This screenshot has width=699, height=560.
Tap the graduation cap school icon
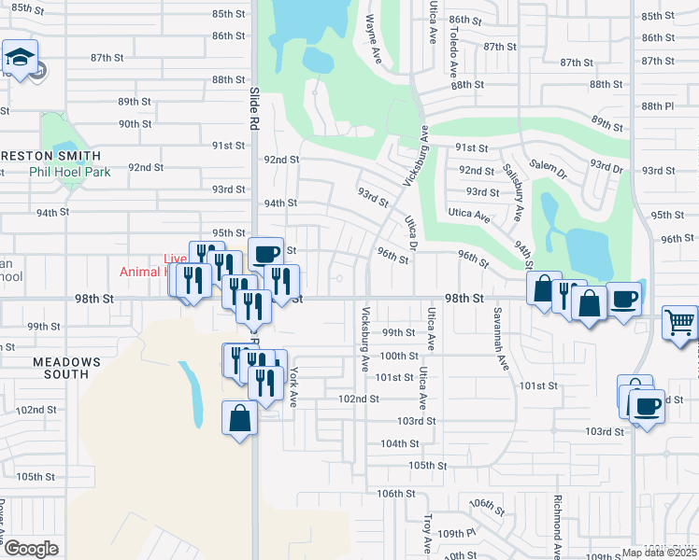20,57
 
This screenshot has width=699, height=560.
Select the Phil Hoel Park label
70,173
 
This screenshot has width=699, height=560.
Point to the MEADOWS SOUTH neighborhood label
66,368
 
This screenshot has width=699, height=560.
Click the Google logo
31,549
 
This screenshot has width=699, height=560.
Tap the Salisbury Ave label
511,191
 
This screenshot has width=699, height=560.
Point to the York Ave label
292,385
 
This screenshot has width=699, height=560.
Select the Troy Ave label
427,530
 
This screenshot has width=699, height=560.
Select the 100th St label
399,356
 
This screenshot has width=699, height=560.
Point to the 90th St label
135,124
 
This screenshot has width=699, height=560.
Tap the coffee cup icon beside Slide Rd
265,252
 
